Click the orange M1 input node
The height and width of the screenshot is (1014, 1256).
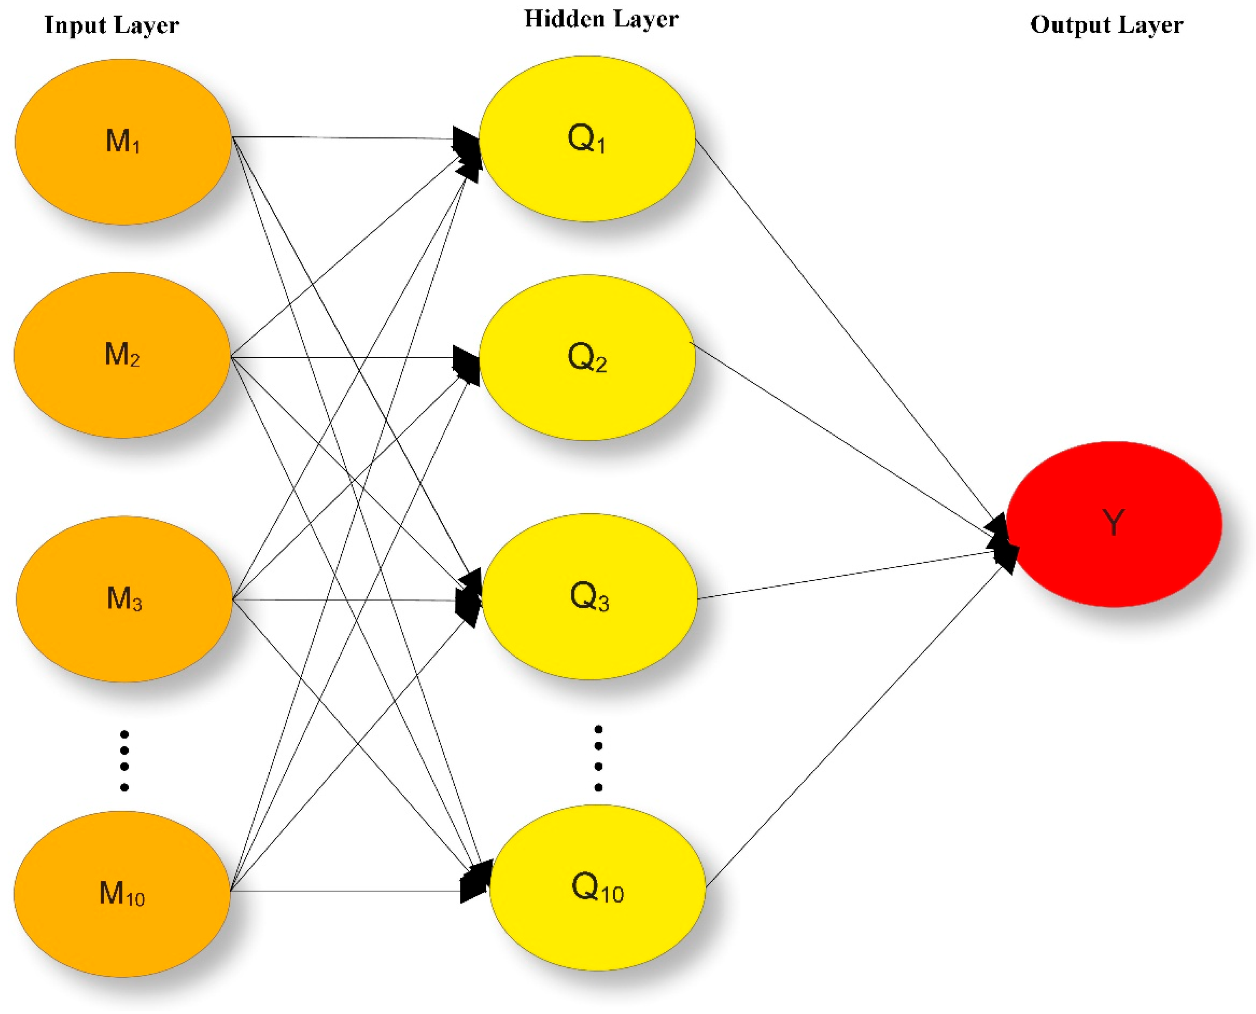click(x=123, y=141)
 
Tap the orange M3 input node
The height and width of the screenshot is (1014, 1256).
click(x=124, y=599)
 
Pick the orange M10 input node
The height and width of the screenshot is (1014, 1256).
click(x=122, y=894)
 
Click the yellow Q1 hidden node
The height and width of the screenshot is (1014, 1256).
click(x=587, y=138)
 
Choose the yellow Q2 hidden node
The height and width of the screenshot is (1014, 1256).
click(x=587, y=357)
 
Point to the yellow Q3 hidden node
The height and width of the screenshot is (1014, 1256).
click(x=589, y=596)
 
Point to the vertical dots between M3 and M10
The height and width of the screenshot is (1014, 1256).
click(x=124, y=761)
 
